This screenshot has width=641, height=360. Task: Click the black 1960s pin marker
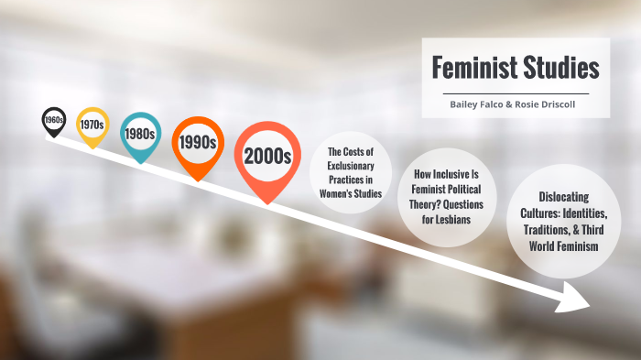54,119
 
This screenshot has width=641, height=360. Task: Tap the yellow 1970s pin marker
92,124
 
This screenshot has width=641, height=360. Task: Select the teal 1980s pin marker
140,134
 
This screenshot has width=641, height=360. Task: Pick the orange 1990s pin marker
198,143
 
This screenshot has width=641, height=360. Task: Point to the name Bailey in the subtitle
464,104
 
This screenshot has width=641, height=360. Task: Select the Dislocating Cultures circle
560,222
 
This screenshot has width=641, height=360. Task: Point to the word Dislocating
560,197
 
